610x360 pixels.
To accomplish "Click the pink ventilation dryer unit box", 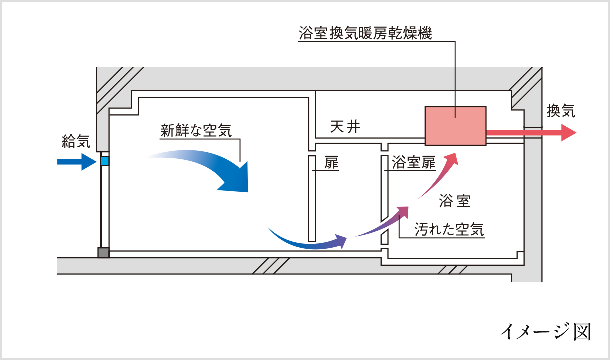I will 455,126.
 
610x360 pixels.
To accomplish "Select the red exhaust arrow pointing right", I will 531,133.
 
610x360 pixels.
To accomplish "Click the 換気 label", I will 561,111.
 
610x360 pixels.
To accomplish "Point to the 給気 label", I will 76,142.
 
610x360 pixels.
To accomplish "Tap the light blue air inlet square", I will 105,161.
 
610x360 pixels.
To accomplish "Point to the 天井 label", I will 345,127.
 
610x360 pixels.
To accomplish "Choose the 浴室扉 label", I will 414,163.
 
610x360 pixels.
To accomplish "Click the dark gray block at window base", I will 103,253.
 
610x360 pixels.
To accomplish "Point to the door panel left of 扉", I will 311,197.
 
